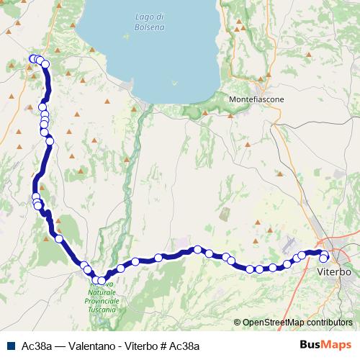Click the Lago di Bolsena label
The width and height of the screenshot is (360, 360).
150,22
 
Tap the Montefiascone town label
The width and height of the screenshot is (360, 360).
251,99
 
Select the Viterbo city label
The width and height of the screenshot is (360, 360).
334,274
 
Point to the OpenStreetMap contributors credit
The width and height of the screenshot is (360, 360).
297,323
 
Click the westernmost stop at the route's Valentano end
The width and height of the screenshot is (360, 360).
32,59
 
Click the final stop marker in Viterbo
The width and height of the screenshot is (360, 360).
324,258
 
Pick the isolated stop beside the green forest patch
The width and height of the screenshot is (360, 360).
59,238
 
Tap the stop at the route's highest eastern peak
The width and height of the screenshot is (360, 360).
197,249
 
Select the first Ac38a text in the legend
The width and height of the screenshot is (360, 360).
35,345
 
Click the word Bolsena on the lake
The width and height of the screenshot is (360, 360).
150,27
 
